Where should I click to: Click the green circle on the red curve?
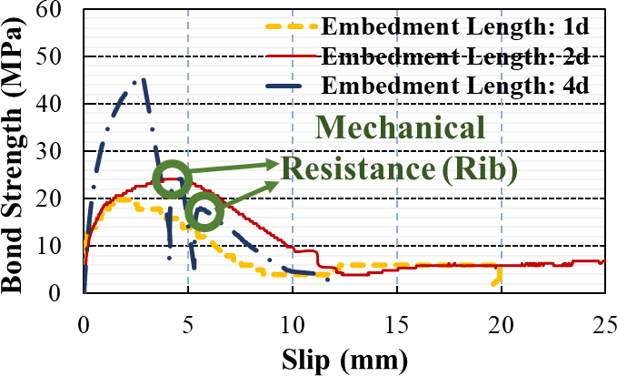[171, 179]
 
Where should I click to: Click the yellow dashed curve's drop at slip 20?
[497, 277]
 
